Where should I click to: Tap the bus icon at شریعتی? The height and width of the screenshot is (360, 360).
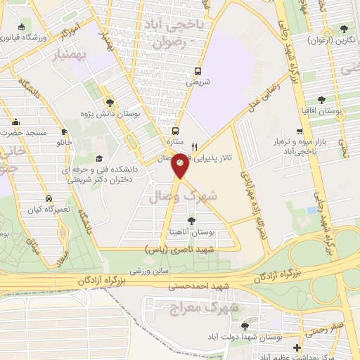click(197, 71)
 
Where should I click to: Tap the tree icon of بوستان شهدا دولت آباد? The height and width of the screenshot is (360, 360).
click(244, 326)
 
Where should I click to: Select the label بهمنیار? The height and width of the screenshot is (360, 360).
click(70, 53)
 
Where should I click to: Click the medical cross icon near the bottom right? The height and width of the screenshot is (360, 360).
click(298, 347)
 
